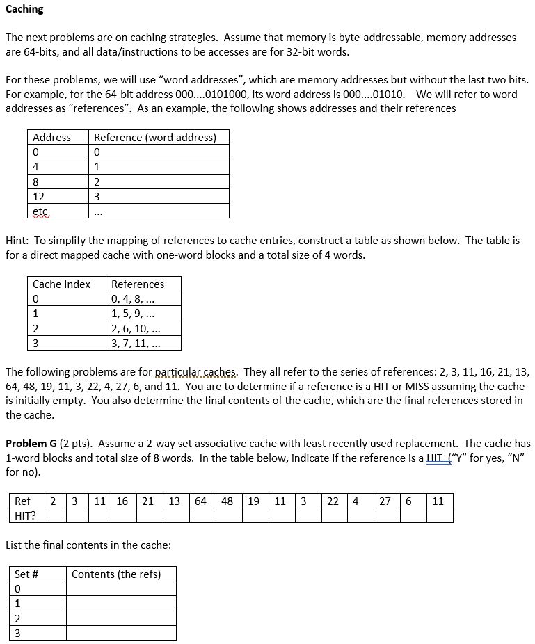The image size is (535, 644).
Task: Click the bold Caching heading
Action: coord(24,9)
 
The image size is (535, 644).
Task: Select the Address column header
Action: coord(51,138)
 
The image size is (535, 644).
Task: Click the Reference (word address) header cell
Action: coord(154,138)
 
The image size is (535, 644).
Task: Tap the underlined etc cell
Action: coord(41,211)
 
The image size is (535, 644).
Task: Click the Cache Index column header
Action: coord(61,284)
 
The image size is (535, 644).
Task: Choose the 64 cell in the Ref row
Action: coord(200,501)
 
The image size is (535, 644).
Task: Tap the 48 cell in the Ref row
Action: coord(227,501)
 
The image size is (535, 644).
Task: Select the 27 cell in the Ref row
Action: coord(385,501)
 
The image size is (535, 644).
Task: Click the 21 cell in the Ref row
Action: coord(147,501)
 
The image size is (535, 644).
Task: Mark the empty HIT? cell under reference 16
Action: coord(122,515)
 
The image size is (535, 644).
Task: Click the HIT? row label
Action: coord(25,515)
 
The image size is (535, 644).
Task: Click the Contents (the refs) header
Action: coord(116,574)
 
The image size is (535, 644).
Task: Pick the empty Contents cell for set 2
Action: coord(121,618)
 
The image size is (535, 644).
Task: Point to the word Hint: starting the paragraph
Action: coord(17,240)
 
